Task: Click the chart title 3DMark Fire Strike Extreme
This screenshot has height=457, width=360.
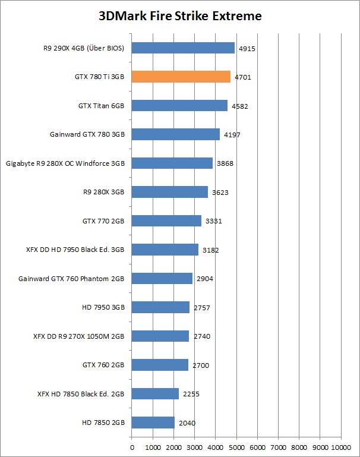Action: click(x=179, y=16)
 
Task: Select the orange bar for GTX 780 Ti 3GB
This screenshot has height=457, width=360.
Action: click(x=181, y=77)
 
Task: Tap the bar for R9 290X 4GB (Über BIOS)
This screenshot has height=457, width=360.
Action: click(x=183, y=48)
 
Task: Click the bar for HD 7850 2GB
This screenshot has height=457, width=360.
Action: click(x=153, y=423)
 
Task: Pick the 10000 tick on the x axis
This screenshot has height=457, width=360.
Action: click(x=341, y=446)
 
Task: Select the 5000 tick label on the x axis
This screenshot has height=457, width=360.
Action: click(x=236, y=446)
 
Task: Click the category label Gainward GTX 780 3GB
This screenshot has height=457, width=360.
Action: click(x=87, y=134)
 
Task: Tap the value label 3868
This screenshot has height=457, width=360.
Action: click(x=224, y=163)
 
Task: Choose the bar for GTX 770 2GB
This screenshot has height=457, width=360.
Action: click(x=166, y=220)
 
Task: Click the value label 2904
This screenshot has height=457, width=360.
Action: click(x=204, y=279)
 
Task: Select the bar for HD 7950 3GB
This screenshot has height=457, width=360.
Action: click(x=160, y=307)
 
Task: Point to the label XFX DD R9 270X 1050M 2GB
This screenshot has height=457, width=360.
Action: click(x=78, y=336)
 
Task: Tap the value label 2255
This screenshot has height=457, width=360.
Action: click(x=190, y=393)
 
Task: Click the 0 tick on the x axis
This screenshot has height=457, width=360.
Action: click(x=132, y=446)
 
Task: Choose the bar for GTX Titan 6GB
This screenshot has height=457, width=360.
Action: click(x=179, y=106)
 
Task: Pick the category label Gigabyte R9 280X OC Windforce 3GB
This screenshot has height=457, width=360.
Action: click(x=65, y=163)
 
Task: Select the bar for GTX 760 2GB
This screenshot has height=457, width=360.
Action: click(x=160, y=365)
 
